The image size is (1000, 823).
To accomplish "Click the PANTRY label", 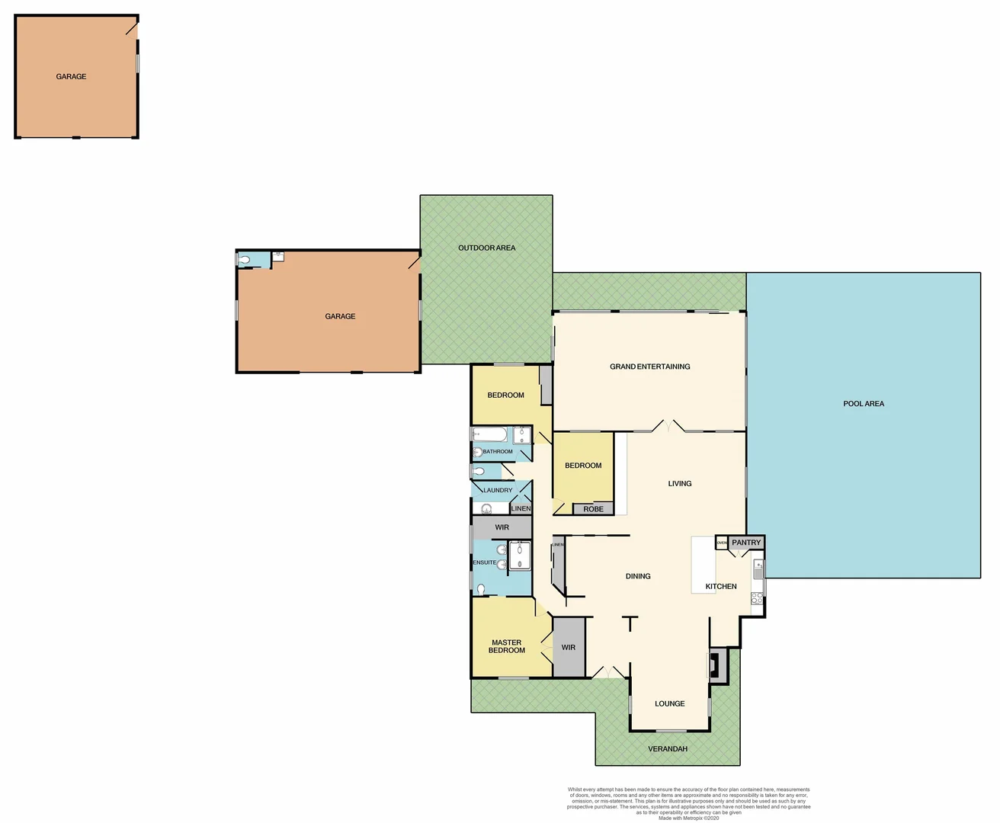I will pyautogui.click(x=746, y=543).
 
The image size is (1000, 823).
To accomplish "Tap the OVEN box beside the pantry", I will pyautogui.click(x=722, y=543).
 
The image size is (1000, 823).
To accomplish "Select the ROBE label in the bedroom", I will pyautogui.click(x=593, y=509).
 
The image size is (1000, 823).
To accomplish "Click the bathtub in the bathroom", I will pyautogui.click(x=489, y=435).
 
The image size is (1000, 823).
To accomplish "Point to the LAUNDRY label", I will pyautogui.click(x=498, y=490).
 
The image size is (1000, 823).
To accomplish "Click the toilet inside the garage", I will pyautogui.click(x=244, y=261).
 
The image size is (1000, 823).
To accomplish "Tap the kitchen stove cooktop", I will pyautogui.click(x=757, y=599).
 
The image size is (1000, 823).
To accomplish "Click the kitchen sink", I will pyautogui.click(x=758, y=568).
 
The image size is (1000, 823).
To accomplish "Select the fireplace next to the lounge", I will pyautogui.click(x=714, y=664).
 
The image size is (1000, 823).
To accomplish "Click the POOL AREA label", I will pyautogui.click(x=864, y=404).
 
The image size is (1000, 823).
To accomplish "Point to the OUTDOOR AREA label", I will pyautogui.click(x=486, y=248).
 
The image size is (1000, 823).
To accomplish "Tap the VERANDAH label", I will pyautogui.click(x=668, y=749).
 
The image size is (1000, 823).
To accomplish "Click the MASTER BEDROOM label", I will pyautogui.click(x=507, y=646).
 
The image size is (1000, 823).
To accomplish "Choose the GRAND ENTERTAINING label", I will pyautogui.click(x=649, y=367).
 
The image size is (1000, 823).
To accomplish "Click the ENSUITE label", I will pyautogui.click(x=484, y=562).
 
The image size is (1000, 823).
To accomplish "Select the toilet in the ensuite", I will pyautogui.click(x=480, y=588).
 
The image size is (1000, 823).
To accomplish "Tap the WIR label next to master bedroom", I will pyautogui.click(x=569, y=648).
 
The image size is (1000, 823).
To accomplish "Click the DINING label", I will pyautogui.click(x=638, y=576).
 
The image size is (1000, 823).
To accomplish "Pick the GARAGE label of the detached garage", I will pyautogui.click(x=71, y=76).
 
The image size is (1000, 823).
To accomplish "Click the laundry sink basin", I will pyautogui.click(x=486, y=509).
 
